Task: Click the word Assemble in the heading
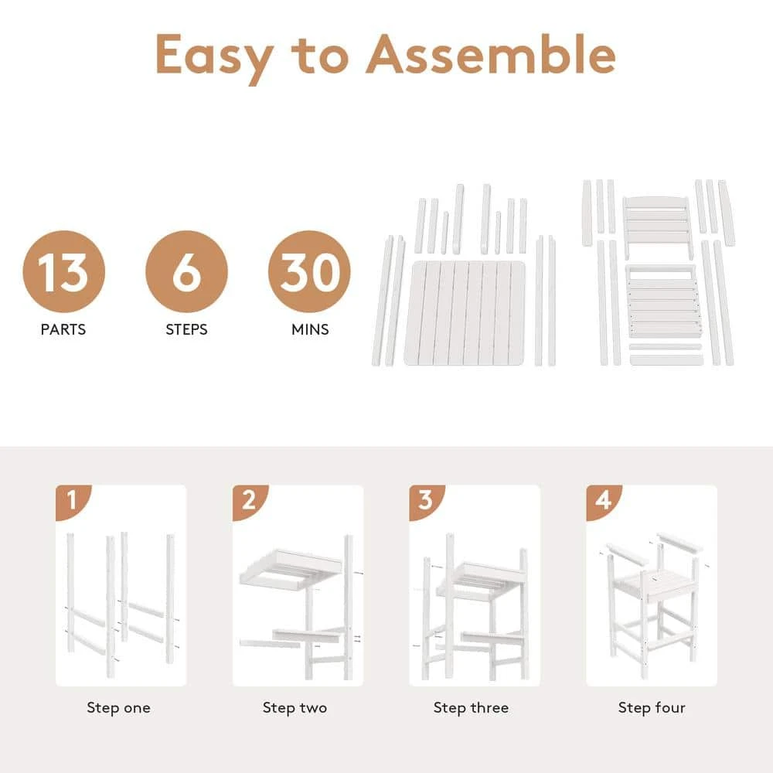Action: (491, 54)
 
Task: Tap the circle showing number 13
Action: (63, 271)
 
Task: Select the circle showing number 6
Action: (186, 271)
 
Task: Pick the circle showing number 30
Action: (309, 271)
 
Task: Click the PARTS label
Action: (63, 329)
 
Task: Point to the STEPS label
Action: (186, 329)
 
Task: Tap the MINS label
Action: (310, 329)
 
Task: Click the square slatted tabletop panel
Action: (465, 313)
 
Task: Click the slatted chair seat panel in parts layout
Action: (664, 302)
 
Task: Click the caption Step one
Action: (118, 708)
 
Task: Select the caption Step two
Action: (295, 708)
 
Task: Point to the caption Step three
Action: (471, 708)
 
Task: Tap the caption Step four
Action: (652, 708)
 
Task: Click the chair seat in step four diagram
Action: (652, 584)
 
